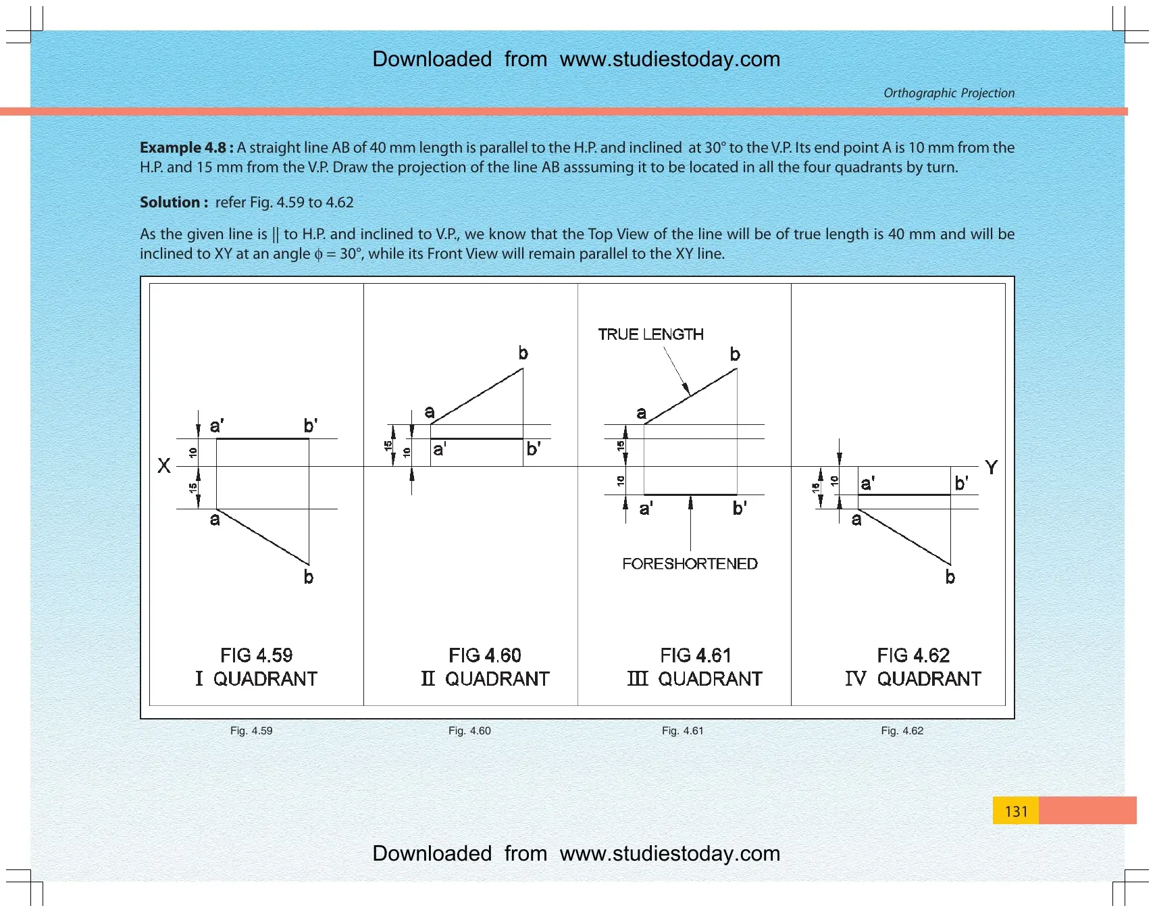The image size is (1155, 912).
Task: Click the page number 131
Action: (1016, 811)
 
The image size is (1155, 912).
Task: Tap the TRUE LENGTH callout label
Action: (650, 334)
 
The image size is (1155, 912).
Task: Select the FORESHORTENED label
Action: (690, 563)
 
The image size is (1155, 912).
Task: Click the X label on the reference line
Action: (164, 465)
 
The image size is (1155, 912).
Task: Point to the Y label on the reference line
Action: (991, 467)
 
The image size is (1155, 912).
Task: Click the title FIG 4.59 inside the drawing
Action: (257, 655)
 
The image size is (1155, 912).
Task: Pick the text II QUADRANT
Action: (485, 678)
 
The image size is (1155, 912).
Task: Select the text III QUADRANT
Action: (694, 678)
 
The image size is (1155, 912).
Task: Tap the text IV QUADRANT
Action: (913, 678)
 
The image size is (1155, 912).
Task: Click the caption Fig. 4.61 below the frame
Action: (682, 730)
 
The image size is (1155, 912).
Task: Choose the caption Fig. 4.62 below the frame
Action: (902, 730)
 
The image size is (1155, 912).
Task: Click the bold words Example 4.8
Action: (183, 147)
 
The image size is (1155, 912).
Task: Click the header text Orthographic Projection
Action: (949, 93)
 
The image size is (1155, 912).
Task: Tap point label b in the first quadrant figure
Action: (308, 577)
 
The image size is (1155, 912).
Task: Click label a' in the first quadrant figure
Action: (217, 426)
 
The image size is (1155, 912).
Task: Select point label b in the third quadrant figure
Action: (735, 354)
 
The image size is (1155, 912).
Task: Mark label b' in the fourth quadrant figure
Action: (961, 483)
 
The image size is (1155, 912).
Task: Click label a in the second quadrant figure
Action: (430, 412)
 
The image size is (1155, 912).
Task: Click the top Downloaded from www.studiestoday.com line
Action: (576, 59)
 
